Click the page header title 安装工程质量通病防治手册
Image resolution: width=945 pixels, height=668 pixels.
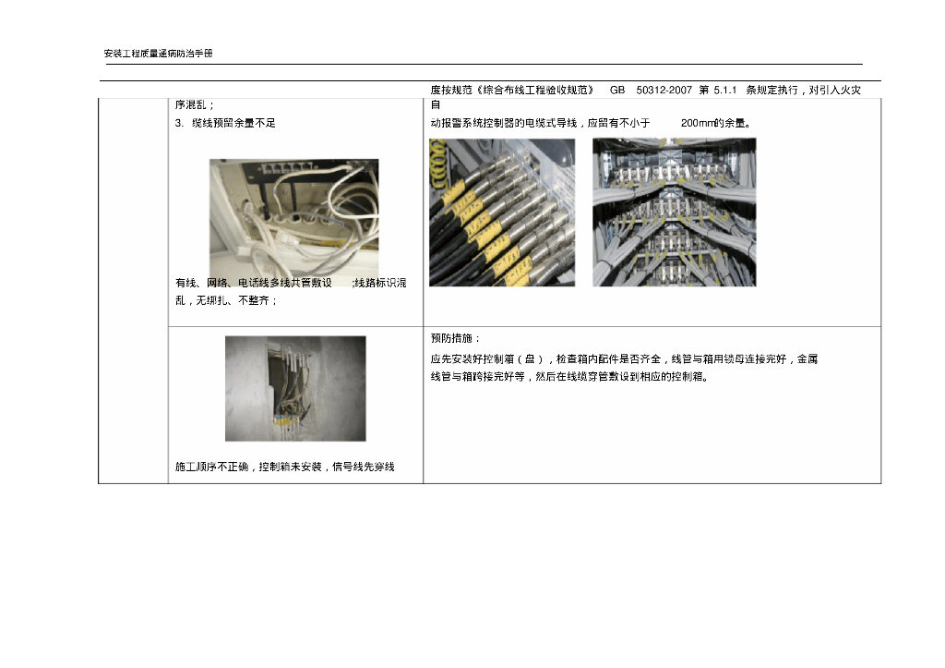[159, 54]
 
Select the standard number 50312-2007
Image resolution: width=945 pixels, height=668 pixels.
[664, 90]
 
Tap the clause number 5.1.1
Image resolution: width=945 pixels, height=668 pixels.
[725, 90]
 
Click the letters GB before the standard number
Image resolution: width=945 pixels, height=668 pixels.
[617, 90]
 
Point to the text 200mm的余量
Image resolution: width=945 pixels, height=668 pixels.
[715, 123]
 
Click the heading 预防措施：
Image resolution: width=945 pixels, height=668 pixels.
[456, 338]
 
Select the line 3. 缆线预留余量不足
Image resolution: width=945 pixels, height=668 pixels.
[225, 123]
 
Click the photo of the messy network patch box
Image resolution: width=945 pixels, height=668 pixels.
[294, 218]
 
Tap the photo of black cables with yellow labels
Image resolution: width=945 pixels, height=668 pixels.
[502, 213]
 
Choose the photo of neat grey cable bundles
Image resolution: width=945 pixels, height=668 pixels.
[675, 213]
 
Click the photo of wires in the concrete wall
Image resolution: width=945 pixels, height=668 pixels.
[295, 389]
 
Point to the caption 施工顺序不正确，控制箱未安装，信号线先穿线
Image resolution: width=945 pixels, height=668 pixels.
[285, 467]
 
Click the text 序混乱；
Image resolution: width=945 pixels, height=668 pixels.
[195, 105]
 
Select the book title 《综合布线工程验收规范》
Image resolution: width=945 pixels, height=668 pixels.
[535, 90]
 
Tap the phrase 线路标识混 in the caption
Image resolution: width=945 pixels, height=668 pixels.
[380, 283]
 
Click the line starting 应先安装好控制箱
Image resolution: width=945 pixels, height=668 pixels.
[624, 359]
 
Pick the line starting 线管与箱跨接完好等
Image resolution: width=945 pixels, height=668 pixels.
[569, 377]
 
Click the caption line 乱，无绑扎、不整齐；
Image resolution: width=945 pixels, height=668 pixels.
[226, 300]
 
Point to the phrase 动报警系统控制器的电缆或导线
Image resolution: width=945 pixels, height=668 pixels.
[504, 123]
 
